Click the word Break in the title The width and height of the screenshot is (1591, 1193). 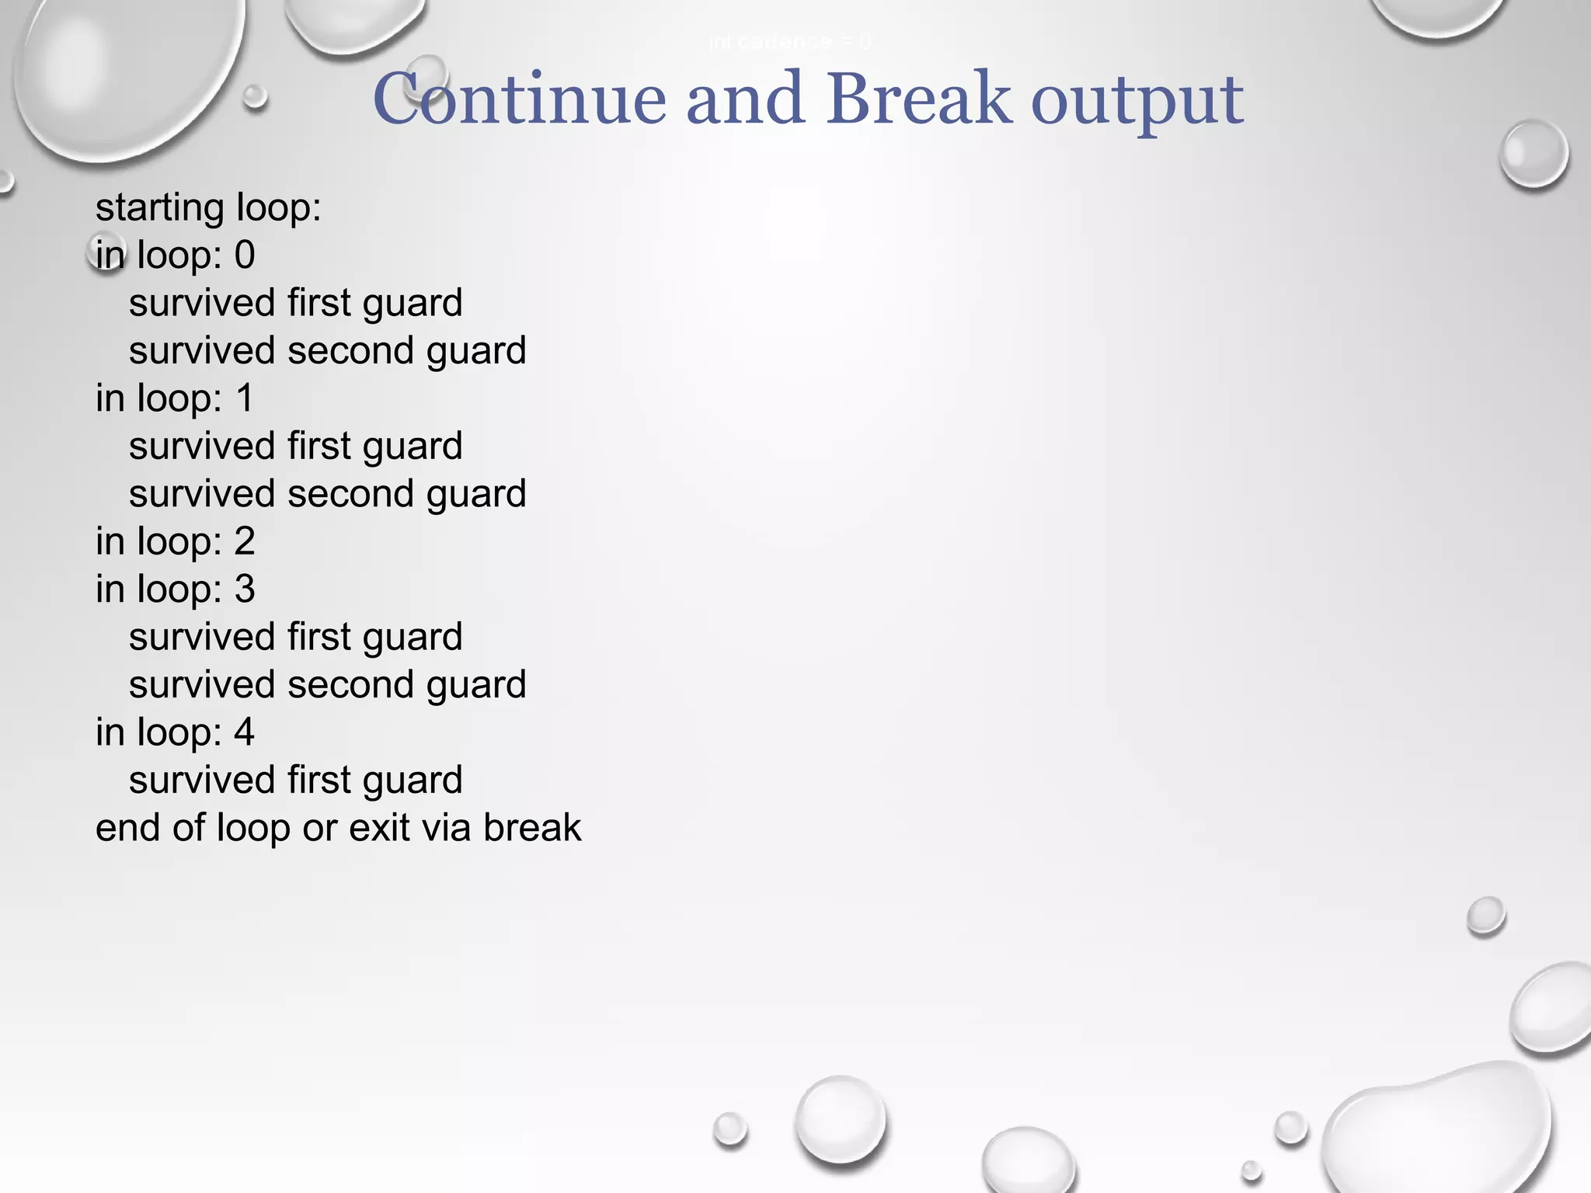coord(918,99)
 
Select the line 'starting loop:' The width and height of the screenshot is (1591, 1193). coord(208,208)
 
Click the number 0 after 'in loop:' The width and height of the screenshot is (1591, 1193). coord(245,256)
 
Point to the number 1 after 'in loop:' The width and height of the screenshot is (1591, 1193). coord(245,398)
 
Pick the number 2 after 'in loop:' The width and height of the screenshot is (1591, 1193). coord(245,541)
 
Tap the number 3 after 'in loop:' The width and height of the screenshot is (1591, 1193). coord(245,590)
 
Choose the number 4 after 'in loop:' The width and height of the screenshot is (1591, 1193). coord(245,732)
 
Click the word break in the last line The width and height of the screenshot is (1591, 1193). coord(532,827)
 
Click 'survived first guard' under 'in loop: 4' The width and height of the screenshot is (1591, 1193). coord(295,780)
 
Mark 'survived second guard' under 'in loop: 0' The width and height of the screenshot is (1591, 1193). coord(327,351)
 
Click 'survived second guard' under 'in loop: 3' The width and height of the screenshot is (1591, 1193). coord(327,685)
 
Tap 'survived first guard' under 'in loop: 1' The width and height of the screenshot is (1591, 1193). coord(295,447)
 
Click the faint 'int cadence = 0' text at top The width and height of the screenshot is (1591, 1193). coord(791,42)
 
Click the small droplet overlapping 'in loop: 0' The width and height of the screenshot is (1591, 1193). coord(107,253)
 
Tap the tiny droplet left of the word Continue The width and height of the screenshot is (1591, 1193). coord(255,97)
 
